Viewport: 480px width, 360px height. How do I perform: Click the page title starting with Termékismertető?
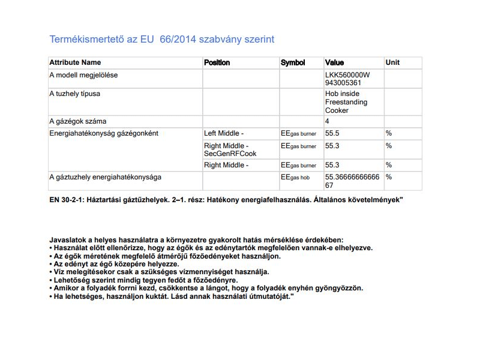coord(161,39)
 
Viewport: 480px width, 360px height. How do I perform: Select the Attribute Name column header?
coord(75,62)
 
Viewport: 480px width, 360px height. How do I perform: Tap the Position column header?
coord(217,62)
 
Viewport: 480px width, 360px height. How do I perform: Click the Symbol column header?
coord(293,62)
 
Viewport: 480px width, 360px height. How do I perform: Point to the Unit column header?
coord(392,62)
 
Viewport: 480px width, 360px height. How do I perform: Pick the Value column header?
coord(334,62)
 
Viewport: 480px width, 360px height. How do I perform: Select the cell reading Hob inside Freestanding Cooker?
coord(346,102)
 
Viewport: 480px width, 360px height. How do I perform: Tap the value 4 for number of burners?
coord(327,121)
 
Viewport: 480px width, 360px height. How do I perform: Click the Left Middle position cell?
coord(224,133)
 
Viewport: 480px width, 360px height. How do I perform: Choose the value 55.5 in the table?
coord(332,133)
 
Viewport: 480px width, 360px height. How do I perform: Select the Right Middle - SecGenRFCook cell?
coord(230,149)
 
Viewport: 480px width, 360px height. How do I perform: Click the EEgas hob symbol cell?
coord(295,178)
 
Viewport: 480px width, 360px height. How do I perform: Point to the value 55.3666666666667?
coord(352,181)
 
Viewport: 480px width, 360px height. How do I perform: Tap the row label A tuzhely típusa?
coord(74,94)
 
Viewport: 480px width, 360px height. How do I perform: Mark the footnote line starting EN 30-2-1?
coord(226,199)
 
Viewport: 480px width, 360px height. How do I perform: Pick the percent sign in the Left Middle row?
coord(389,133)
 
